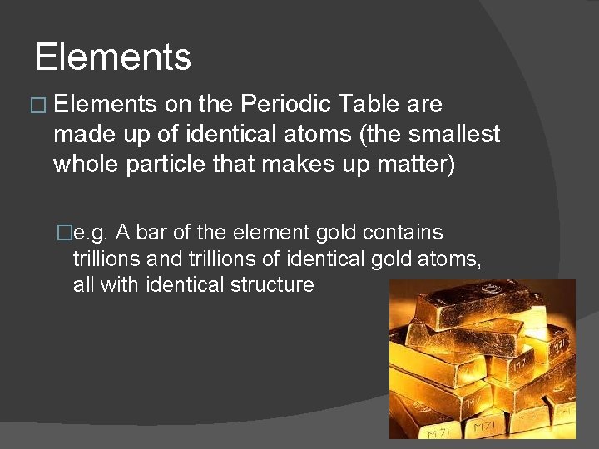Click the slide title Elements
113,57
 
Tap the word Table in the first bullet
371,105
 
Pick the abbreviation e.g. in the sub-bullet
92,233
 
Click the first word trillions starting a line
106,259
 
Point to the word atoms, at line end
451,259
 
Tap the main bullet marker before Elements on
38,106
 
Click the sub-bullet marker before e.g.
63,234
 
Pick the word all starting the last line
83,284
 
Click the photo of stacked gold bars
482,358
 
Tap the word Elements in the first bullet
105,105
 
